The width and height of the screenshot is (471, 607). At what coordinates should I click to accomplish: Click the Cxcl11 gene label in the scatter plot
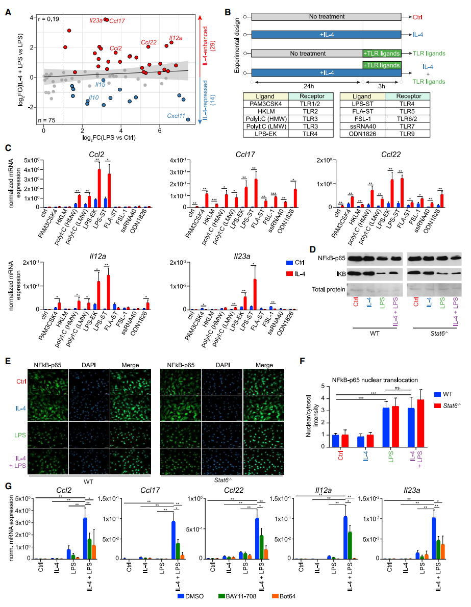176,117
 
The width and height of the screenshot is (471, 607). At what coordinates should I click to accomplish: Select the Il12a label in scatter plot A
176,38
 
